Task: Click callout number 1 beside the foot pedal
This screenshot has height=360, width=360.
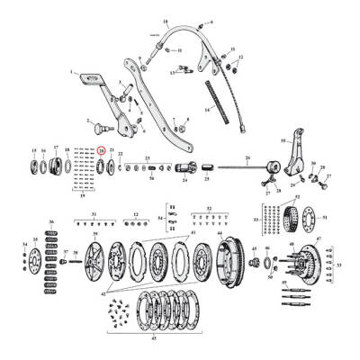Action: (x=71, y=71)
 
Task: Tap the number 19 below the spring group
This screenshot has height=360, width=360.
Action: (x=83, y=194)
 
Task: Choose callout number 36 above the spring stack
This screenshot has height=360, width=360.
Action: (x=50, y=221)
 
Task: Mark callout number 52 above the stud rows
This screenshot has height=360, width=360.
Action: (x=209, y=209)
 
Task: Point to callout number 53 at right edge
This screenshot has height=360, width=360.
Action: (x=339, y=265)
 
